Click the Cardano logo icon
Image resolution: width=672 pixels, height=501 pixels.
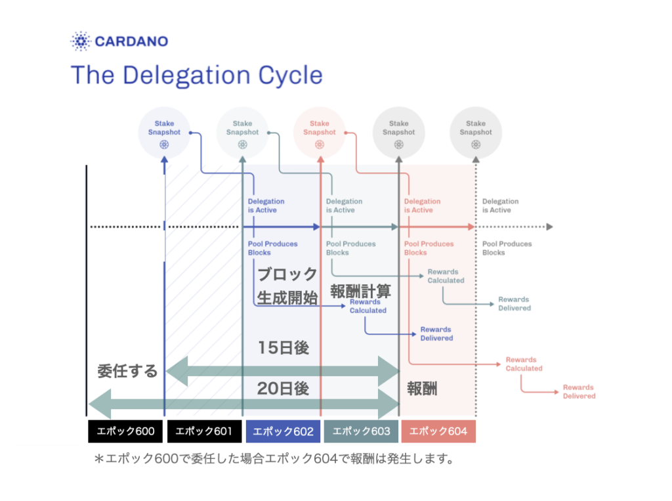click(x=80, y=41)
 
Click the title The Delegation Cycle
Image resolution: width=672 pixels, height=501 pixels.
click(x=196, y=75)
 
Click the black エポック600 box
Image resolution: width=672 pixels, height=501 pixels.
click(x=125, y=431)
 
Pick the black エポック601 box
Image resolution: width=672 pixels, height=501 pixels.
click(x=203, y=431)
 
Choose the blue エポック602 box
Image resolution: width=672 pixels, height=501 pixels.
click(x=283, y=431)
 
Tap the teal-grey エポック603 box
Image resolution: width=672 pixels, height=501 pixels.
click(x=361, y=431)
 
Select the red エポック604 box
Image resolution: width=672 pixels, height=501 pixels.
click(x=438, y=431)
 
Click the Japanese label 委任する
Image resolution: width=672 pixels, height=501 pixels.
click(x=127, y=371)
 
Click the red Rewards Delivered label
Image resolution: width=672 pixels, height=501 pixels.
click(x=579, y=392)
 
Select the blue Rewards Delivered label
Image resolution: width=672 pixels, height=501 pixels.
click(x=436, y=334)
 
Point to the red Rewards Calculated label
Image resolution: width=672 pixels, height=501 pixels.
click(x=524, y=364)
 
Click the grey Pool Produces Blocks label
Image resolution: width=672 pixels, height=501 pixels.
click(x=507, y=248)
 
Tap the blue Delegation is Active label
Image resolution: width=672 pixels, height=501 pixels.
click(x=266, y=206)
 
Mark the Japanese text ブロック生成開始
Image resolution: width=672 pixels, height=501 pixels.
click(x=287, y=286)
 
